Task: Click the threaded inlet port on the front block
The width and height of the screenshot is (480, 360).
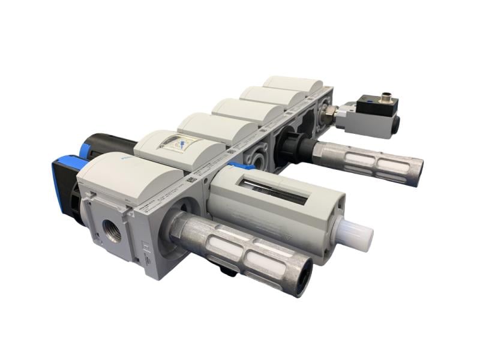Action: click(112, 230)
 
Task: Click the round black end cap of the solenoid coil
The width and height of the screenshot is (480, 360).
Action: click(397, 124)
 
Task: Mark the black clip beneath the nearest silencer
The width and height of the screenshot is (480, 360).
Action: click(227, 271)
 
